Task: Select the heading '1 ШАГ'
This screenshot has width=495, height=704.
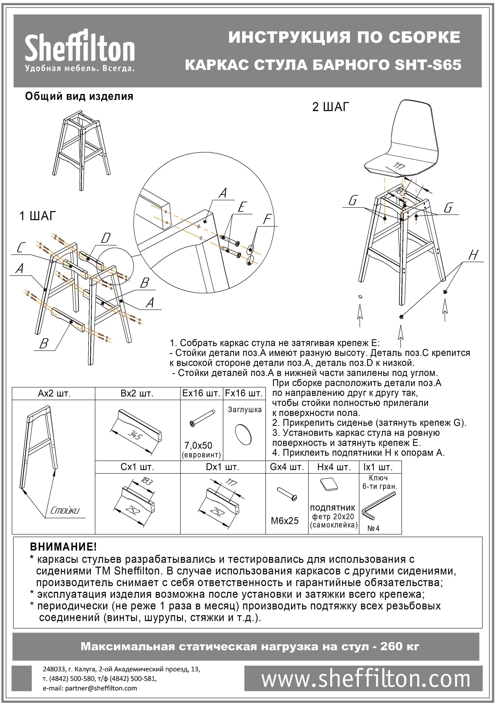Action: tap(37, 216)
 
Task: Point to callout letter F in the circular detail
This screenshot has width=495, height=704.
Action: tap(267, 220)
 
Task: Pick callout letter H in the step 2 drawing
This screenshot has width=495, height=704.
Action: tap(473, 255)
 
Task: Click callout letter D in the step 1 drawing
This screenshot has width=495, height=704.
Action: tap(105, 238)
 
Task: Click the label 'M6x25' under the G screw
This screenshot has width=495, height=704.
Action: tap(285, 521)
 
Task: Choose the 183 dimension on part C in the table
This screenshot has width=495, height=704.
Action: tap(146, 481)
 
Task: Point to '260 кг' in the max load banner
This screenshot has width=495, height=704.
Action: tap(399, 646)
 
